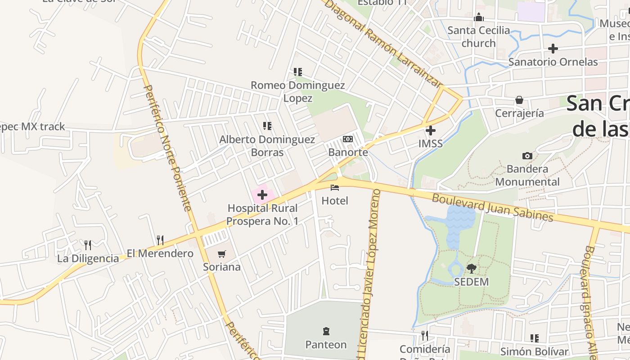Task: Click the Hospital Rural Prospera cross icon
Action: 262,195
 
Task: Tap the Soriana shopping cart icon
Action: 221,254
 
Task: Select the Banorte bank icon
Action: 348,139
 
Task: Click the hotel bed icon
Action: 334,187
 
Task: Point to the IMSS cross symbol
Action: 431,130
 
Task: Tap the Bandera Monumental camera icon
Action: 527,156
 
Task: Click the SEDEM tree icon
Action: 471,269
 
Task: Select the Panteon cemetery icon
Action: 326,332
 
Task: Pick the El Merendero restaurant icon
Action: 160,240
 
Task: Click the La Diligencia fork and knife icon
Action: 88,245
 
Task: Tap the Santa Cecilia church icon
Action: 479,17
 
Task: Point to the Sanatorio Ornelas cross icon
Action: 553,48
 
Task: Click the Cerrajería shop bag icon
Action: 519,99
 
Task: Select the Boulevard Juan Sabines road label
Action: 492,207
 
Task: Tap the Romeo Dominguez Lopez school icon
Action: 297,72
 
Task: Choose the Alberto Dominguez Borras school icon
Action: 267,126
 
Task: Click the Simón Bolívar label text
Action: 534,351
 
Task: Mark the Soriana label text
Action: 221,267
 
